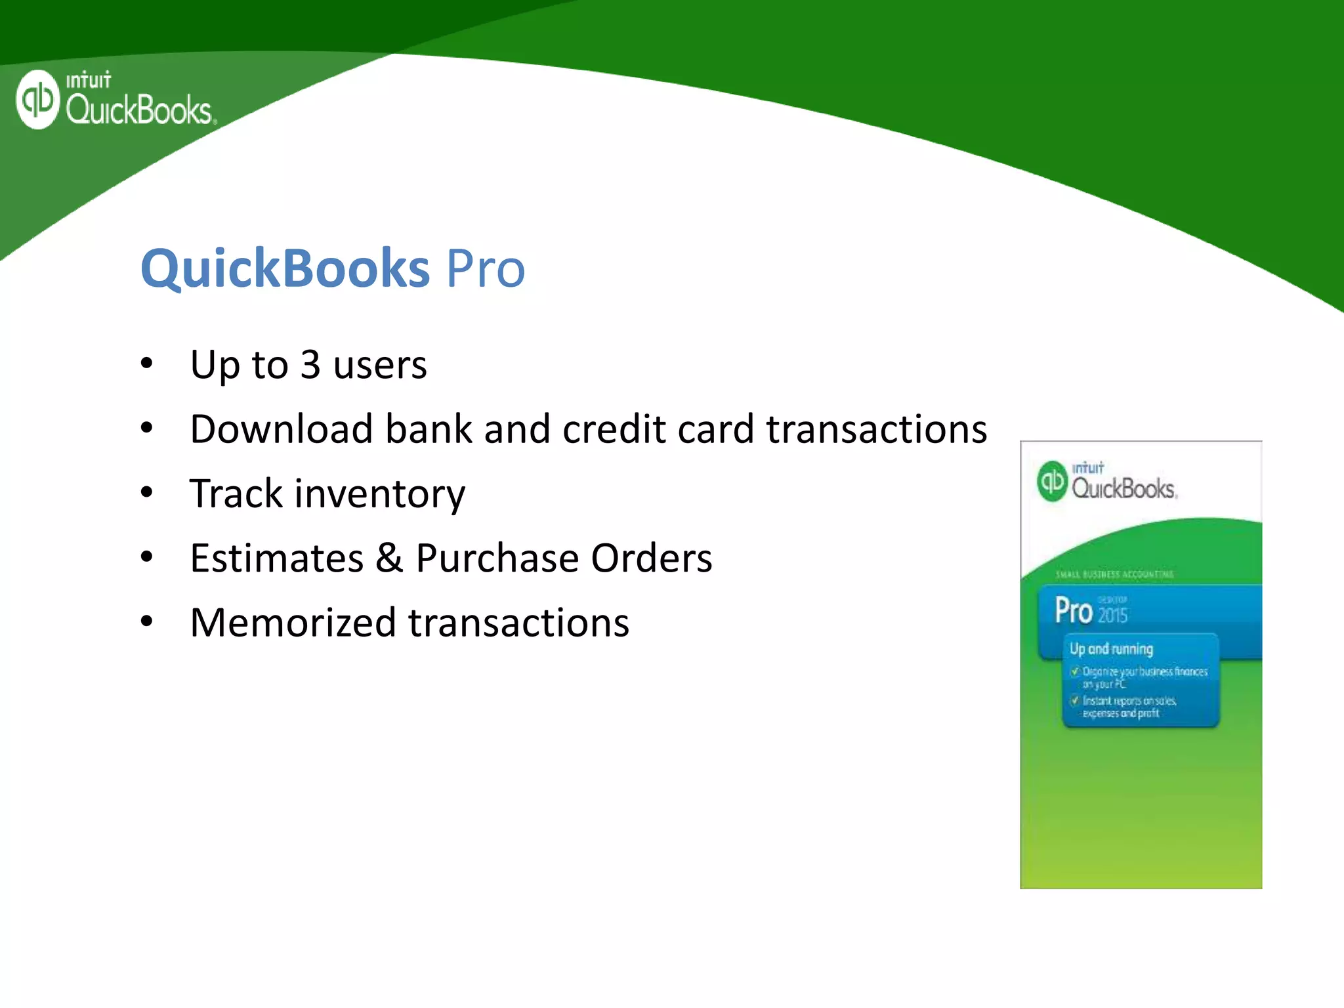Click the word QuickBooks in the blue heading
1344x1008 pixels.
(x=285, y=268)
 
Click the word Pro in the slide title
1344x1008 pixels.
(x=486, y=268)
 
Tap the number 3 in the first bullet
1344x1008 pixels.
(x=310, y=364)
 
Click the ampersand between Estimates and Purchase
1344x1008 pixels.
(x=389, y=558)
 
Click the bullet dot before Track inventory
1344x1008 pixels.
(x=146, y=492)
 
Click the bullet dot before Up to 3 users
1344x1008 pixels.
(x=146, y=363)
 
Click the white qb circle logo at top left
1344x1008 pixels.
(x=38, y=100)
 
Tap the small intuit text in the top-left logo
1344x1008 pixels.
(x=88, y=81)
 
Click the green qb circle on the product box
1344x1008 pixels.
(x=1053, y=481)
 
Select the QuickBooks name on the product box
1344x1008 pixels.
(x=1123, y=489)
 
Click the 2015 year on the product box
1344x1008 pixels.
(x=1112, y=616)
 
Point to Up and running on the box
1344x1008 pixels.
(x=1111, y=649)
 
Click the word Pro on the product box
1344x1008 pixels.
(x=1073, y=611)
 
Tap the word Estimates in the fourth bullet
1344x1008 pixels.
(x=276, y=558)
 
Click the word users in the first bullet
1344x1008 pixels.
(x=380, y=364)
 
